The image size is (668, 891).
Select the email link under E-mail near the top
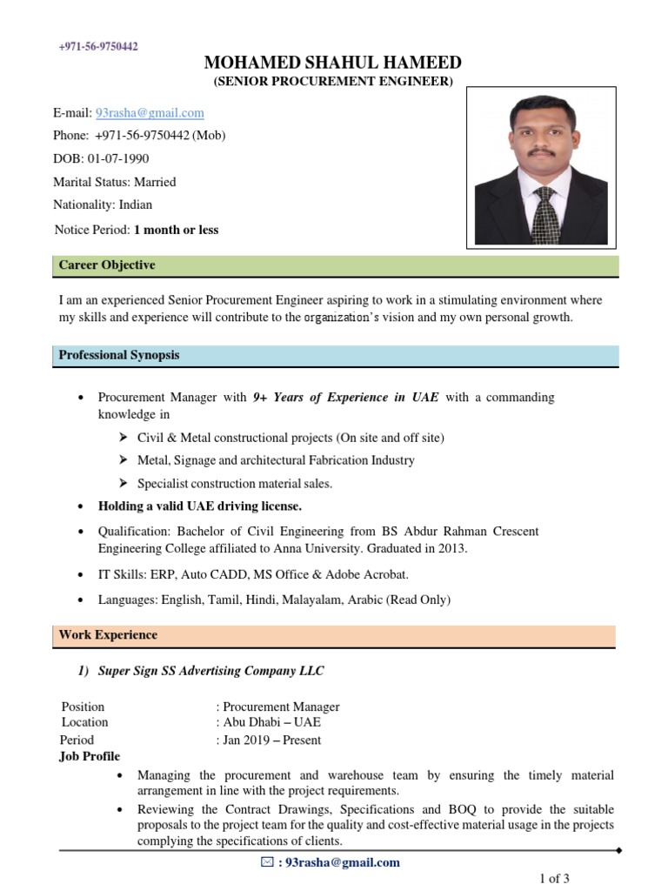click(150, 112)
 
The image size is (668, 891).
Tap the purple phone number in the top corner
click(98, 46)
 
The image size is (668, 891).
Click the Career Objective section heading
click(107, 265)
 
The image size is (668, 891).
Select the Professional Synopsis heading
click(119, 355)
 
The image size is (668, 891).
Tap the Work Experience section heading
click(108, 635)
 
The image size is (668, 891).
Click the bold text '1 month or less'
click(176, 230)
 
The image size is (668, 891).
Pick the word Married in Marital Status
click(155, 182)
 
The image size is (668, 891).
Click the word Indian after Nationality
click(136, 204)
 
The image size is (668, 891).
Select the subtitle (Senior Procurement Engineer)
click(333, 82)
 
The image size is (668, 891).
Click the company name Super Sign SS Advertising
click(210, 671)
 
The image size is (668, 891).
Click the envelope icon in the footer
click(267, 862)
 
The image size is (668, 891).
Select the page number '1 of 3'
click(554, 879)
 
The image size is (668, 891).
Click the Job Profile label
click(90, 755)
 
